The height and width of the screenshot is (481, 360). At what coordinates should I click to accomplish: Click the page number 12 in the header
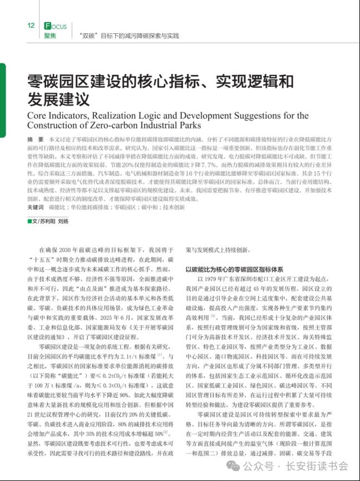click(x=31, y=26)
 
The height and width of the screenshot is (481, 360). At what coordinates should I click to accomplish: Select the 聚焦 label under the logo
click(x=51, y=36)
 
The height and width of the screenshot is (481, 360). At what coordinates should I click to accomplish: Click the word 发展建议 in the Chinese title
click(x=58, y=99)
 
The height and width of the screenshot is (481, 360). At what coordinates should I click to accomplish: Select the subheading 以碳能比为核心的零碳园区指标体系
click(x=234, y=269)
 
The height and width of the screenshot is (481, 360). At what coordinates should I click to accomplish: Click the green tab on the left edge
click(x=2, y=100)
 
